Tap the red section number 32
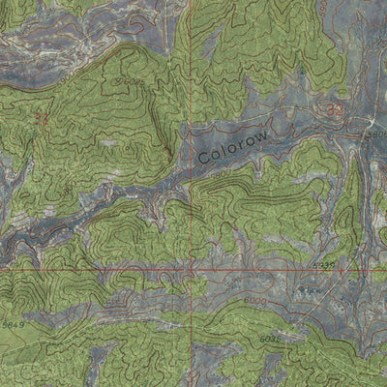click(x=333, y=109)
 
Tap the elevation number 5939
click(x=324, y=264)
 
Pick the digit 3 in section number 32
click(x=328, y=109)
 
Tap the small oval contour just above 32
click(x=331, y=95)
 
